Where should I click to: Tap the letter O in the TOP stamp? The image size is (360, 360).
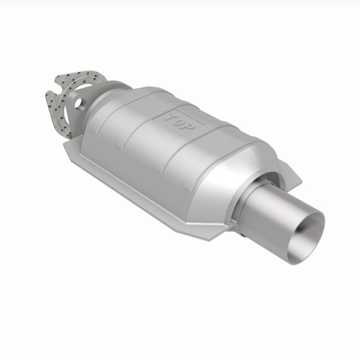180,121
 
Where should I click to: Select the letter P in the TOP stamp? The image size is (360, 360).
190,126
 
